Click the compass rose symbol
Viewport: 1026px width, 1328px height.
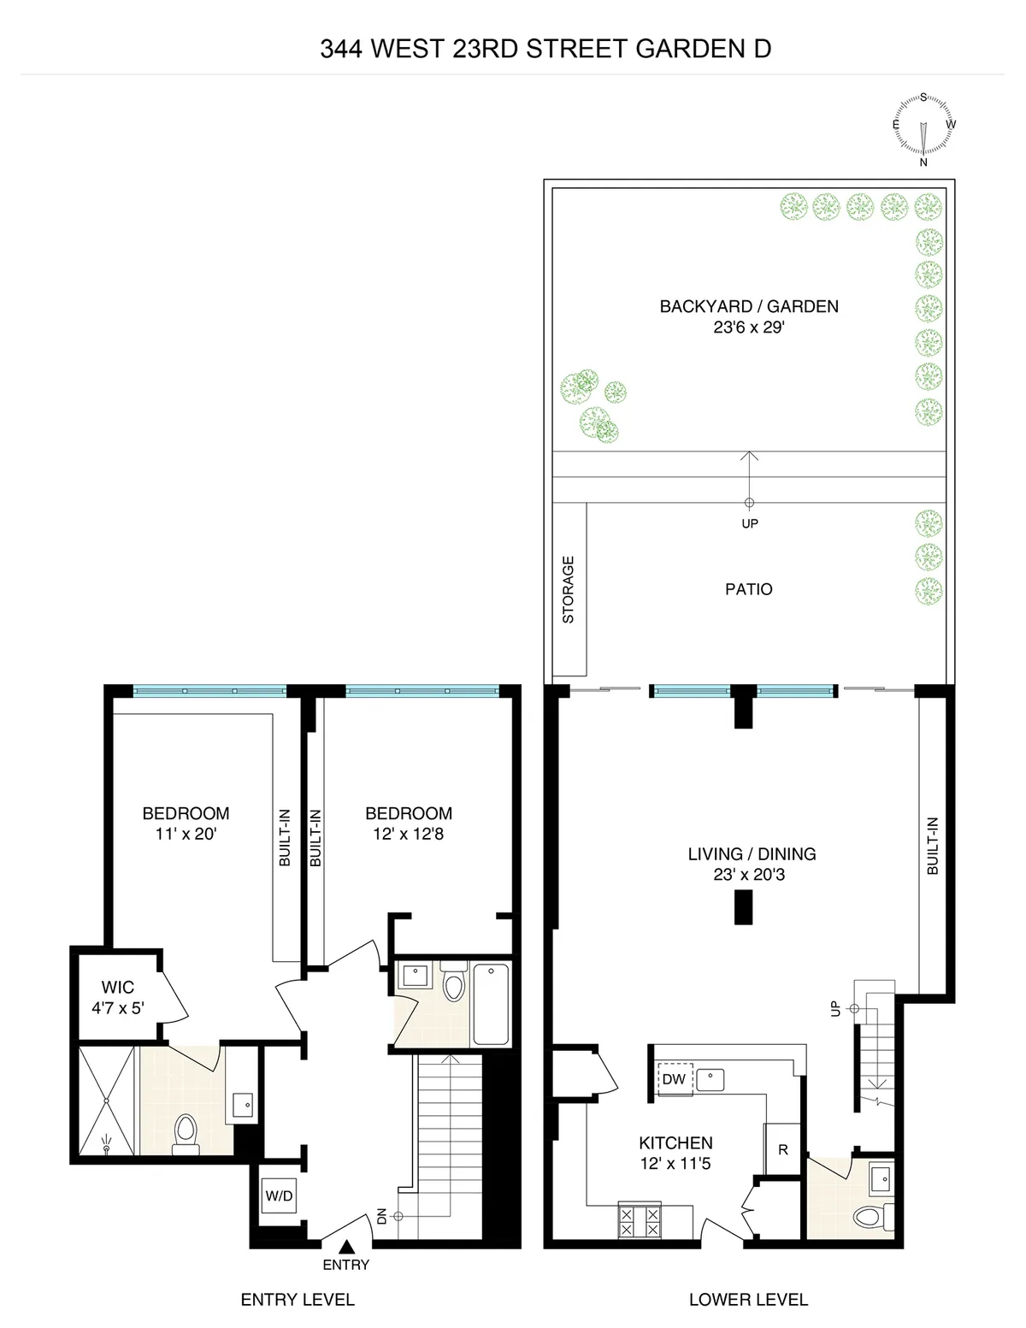(923, 127)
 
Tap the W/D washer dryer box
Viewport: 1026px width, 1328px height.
(279, 1195)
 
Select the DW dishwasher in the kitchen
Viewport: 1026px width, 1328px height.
(674, 1079)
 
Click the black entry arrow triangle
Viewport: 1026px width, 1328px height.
(346, 1247)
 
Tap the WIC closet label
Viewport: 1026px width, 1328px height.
(117, 988)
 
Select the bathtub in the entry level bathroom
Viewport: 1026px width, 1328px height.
(490, 1004)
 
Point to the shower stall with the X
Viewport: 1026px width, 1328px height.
(106, 1100)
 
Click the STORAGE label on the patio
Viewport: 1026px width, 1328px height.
(569, 589)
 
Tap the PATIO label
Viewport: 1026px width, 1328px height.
(748, 589)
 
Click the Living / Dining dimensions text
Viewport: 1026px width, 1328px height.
(752, 875)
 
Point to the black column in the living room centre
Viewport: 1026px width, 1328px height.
(744, 907)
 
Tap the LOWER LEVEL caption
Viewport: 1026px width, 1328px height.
(748, 1300)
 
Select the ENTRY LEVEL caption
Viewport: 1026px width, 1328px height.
(298, 1300)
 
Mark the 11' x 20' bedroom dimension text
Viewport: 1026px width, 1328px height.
(186, 834)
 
